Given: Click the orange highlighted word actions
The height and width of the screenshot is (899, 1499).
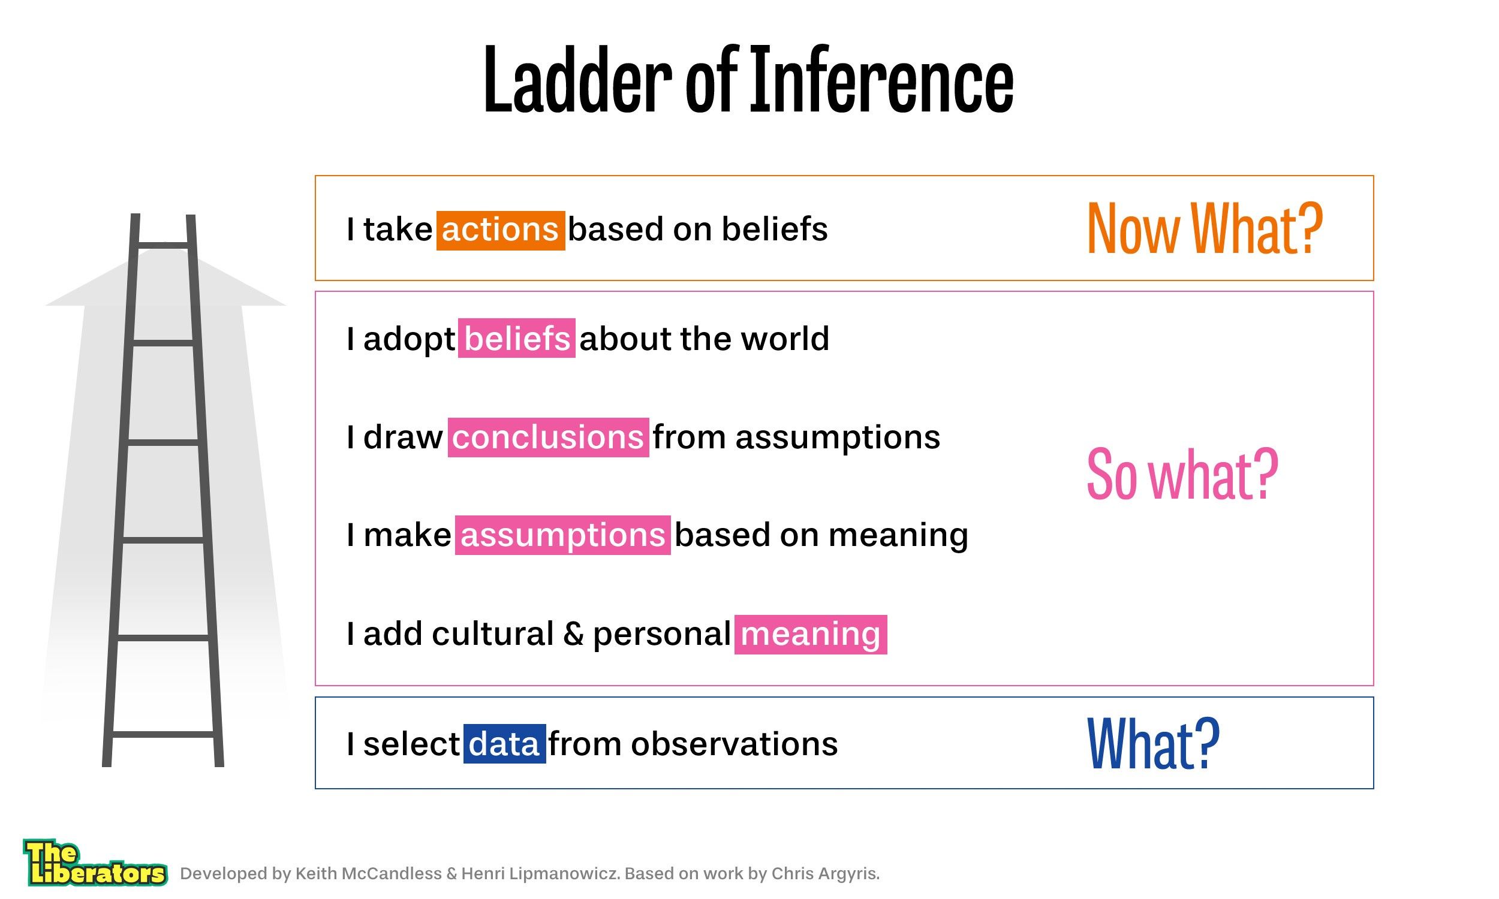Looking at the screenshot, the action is click(x=501, y=230).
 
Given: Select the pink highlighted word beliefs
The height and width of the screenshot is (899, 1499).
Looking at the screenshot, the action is click(x=516, y=338).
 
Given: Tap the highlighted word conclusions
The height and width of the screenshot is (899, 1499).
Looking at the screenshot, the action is click(x=549, y=437).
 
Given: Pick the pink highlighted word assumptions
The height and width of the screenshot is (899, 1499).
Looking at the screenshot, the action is click(x=563, y=535).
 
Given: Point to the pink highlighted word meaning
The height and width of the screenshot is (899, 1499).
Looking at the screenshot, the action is click(x=811, y=634).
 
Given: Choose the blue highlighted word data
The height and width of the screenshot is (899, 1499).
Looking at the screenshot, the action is click(x=505, y=743).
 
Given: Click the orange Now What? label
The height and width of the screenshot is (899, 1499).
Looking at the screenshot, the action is click(x=1205, y=229).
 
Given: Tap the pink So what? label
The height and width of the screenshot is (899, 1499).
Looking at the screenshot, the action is click(x=1182, y=473).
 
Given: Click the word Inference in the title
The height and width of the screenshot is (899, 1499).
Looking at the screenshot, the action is click(x=881, y=80).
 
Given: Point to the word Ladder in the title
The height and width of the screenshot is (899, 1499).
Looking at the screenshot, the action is click(x=577, y=80).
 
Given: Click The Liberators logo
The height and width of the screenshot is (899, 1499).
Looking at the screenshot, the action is click(x=95, y=862).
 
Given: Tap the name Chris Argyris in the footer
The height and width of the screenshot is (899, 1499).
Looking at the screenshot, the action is click(x=824, y=874).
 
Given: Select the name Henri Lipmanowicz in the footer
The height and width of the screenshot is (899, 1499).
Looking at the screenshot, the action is click(x=540, y=874).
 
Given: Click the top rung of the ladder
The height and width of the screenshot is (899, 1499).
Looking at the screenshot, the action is click(x=163, y=245).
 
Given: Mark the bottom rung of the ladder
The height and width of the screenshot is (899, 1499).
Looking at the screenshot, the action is click(x=163, y=735).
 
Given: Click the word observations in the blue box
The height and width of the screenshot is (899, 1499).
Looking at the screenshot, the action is click(x=735, y=744).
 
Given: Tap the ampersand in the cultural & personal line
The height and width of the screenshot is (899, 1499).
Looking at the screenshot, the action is click(x=573, y=633).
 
